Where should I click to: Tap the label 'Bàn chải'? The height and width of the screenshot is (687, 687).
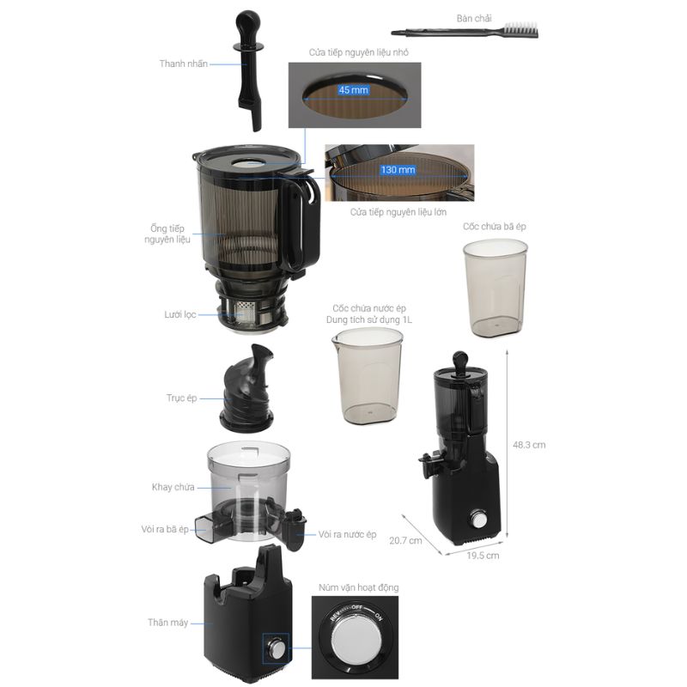(x=474, y=18)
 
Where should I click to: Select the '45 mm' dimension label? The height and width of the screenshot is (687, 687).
(x=353, y=90)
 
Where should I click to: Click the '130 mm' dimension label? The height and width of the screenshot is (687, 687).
(x=398, y=169)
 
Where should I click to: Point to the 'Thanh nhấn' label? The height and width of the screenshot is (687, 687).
(x=183, y=64)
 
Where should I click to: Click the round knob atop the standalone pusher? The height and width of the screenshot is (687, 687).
(x=247, y=20)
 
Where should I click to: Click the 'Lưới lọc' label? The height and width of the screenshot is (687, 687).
(x=179, y=314)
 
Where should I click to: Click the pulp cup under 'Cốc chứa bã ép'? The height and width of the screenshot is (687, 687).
(x=495, y=288)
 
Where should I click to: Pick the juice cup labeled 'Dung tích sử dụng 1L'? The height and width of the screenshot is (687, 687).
(x=368, y=377)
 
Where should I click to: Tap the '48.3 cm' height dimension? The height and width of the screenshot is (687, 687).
(x=529, y=445)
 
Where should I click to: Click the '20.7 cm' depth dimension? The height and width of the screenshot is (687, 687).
(x=405, y=541)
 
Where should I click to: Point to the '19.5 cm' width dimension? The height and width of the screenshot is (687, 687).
(x=483, y=556)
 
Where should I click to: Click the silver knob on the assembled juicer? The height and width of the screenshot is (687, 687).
(x=478, y=520)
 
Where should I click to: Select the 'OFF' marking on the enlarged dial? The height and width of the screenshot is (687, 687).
(x=356, y=607)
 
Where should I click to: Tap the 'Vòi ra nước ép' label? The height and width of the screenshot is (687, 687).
(x=347, y=534)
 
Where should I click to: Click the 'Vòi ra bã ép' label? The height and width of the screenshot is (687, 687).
(x=165, y=529)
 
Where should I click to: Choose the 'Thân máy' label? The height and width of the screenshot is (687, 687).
(x=167, y=623)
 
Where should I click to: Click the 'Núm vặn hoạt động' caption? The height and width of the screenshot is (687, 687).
(x=358, y=587)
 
